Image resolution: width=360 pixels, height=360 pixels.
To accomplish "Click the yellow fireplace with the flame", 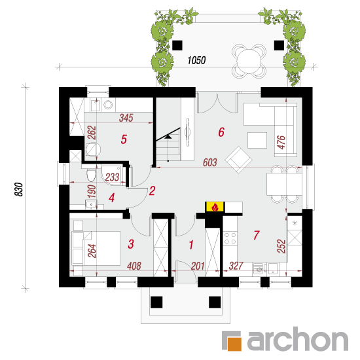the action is (215, 207).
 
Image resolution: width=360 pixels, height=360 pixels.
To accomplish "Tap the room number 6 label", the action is (221, 132).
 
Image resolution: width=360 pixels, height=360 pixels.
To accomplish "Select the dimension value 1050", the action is (196, 60).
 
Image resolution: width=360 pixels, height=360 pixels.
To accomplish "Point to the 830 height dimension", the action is (19, 189).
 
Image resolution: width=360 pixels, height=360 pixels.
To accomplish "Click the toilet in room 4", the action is (91, 175).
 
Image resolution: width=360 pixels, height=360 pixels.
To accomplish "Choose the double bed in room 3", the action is (96, 248).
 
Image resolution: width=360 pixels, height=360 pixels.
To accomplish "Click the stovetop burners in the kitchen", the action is (230, 238).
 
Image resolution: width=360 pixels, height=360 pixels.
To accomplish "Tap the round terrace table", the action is (249, 61).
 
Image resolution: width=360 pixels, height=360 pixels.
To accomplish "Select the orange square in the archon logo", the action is (234, 344).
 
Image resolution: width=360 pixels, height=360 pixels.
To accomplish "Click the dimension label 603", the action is (210, 162).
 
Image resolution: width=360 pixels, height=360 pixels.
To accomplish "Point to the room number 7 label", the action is (257, 235).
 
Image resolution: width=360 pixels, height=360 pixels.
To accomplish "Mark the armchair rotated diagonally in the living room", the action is (238, 160).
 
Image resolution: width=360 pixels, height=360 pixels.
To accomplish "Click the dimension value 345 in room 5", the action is (126, 118).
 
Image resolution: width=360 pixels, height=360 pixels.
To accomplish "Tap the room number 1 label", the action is (191, 245).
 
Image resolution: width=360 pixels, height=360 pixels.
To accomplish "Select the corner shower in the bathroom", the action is (113, 175).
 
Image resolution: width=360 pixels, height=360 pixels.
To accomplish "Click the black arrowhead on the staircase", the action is (168, 137).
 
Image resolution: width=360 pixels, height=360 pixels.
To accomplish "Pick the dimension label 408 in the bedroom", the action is (134, 266).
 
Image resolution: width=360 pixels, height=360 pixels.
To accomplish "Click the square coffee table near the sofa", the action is (257, 140).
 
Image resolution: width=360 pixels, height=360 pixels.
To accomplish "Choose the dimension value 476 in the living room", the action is (281, 143).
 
